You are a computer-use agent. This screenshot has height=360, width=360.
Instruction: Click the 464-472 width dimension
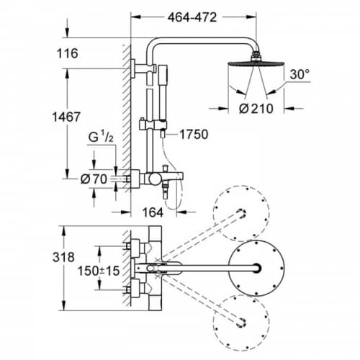192,17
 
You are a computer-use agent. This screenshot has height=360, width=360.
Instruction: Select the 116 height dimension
68,53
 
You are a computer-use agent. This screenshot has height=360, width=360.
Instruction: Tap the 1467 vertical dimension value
66,117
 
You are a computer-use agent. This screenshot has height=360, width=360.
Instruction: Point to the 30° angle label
300,74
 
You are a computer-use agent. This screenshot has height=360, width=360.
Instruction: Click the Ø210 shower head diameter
256,109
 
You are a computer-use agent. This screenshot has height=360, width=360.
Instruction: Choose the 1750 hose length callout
194,135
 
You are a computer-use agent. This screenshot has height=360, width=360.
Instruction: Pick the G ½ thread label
101,138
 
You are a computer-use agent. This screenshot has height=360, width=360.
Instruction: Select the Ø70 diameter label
94,179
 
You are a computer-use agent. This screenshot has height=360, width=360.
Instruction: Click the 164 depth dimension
153,212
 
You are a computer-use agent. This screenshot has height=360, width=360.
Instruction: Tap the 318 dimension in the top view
63,257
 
